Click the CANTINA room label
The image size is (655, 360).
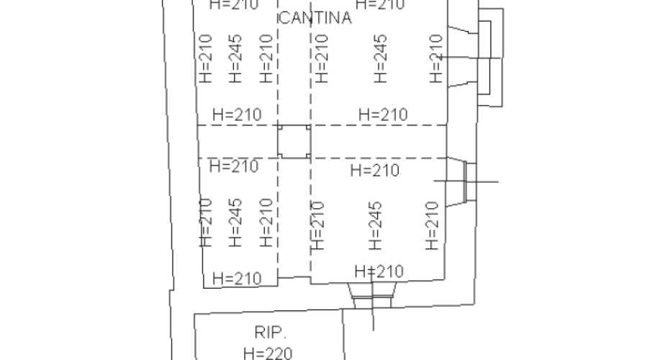(x=315, y=19)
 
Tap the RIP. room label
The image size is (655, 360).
(x=271, y=333)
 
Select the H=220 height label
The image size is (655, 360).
(x=269, y=353)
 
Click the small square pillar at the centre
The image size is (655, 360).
(x=294, y=141)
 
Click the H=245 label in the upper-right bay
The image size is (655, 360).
(x=381, y=58)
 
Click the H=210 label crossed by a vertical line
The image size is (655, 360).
(x=379, y=271)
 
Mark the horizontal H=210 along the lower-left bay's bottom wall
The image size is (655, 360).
(x=236, y=278)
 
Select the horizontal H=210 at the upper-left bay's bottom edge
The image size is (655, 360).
(x=237, y=114)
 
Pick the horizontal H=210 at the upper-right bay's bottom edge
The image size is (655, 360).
(x=383, y=114)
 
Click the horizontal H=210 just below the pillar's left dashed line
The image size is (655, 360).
(x=233, y=166)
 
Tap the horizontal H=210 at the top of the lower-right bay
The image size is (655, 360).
(x=374, y=171)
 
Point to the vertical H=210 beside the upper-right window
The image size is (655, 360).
(x=435, y=58)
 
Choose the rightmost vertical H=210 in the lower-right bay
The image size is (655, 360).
(x=432, y=225)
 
